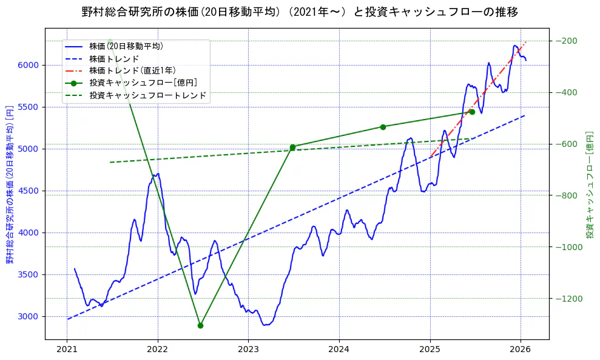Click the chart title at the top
click(x=300, y=12)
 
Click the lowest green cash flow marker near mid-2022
click(x=200, y=325)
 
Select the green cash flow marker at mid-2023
click(x=292, y=147)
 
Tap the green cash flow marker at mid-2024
click(x=383, y=127)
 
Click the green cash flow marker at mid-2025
click(x=472, y=112)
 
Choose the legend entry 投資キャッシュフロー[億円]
click(x=143, y=83)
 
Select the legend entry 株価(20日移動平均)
click(x=126, y=46)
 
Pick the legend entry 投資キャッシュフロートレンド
click(x=147, y=95)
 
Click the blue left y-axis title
click(x=10, y=192)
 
